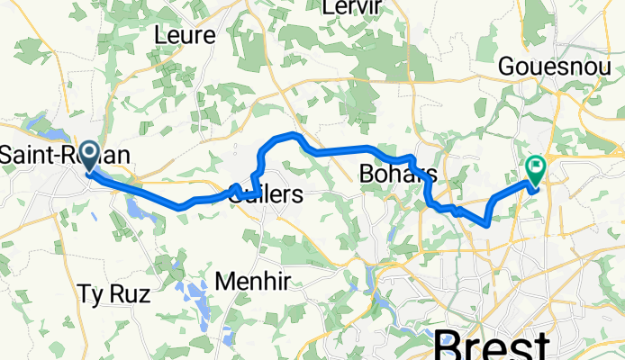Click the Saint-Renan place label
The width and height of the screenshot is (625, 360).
pyautogui.click(x=63, y=156)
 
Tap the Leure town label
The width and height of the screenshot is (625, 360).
pyautogui.click(x=185, y=36)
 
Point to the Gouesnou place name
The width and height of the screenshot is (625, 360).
pyautogui.click(x=557, y=68)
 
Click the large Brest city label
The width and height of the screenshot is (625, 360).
pyautogui.click(x=493, y=346)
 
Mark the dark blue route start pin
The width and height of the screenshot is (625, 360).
pyautogui.click(x=90, y=155)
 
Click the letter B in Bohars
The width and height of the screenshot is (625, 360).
pyautogui.click(x=365, y=173)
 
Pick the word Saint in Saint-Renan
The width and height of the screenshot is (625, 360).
pyautogui.click(x=20, y=156)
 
